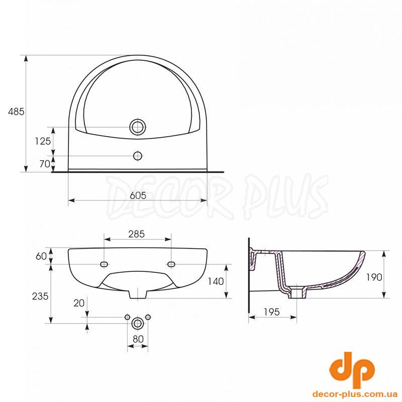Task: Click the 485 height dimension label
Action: click(16, 112)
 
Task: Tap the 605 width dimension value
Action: click(138, 195)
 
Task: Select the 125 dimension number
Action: click(43, 141)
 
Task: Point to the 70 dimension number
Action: click(45, 164)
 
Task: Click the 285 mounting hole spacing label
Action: click(137, 234)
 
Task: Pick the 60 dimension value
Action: click(41, 256)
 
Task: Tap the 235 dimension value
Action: click(40, 296)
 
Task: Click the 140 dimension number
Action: click(216, 281)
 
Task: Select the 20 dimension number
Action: click(79, 304)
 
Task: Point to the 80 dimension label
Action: click(138, 339)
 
